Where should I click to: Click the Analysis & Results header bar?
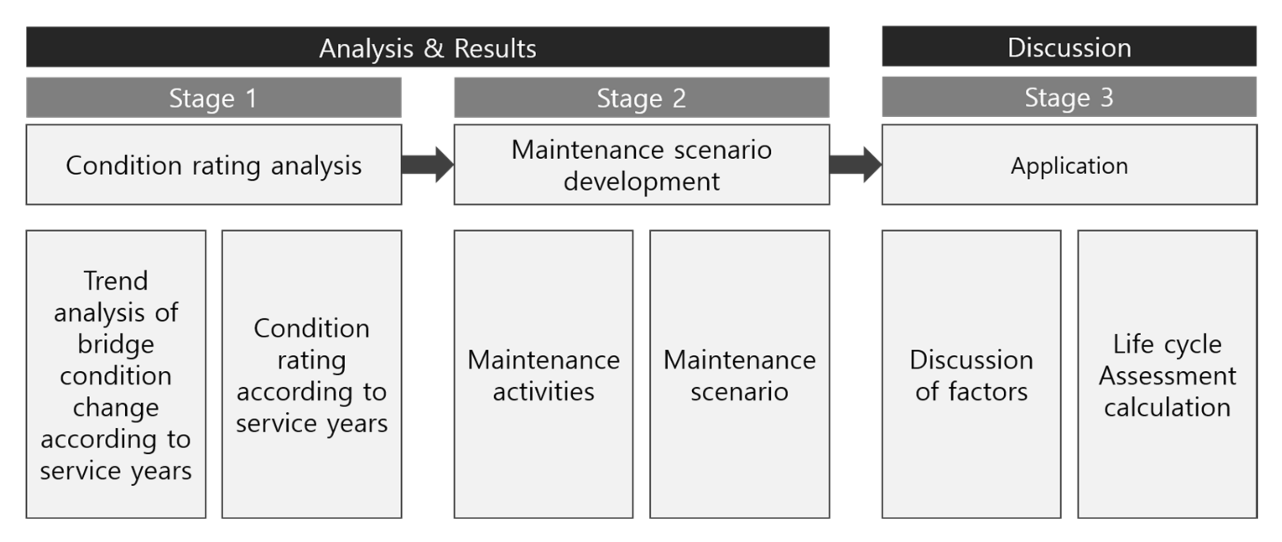click(427, 47)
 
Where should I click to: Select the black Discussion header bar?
click(1069, 47)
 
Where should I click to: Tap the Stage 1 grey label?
click(214, 98)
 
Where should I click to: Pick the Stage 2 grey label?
click(641, 98)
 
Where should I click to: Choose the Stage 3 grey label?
click(1069, 97)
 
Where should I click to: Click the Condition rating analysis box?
click(214, 165)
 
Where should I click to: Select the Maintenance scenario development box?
click(641, 165)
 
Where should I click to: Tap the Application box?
click(1069, 165)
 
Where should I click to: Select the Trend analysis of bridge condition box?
click(115, 374)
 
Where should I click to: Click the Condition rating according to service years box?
click(312, 374)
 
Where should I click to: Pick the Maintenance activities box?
click(543, 374)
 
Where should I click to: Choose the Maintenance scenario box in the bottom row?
click(739, 374)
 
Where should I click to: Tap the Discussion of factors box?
click(971, 374)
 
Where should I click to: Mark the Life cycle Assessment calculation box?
click(1167, 374)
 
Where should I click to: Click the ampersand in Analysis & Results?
click(433, 48)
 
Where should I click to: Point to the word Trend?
click(115, 281)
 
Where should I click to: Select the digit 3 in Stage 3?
click(1106, 97)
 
